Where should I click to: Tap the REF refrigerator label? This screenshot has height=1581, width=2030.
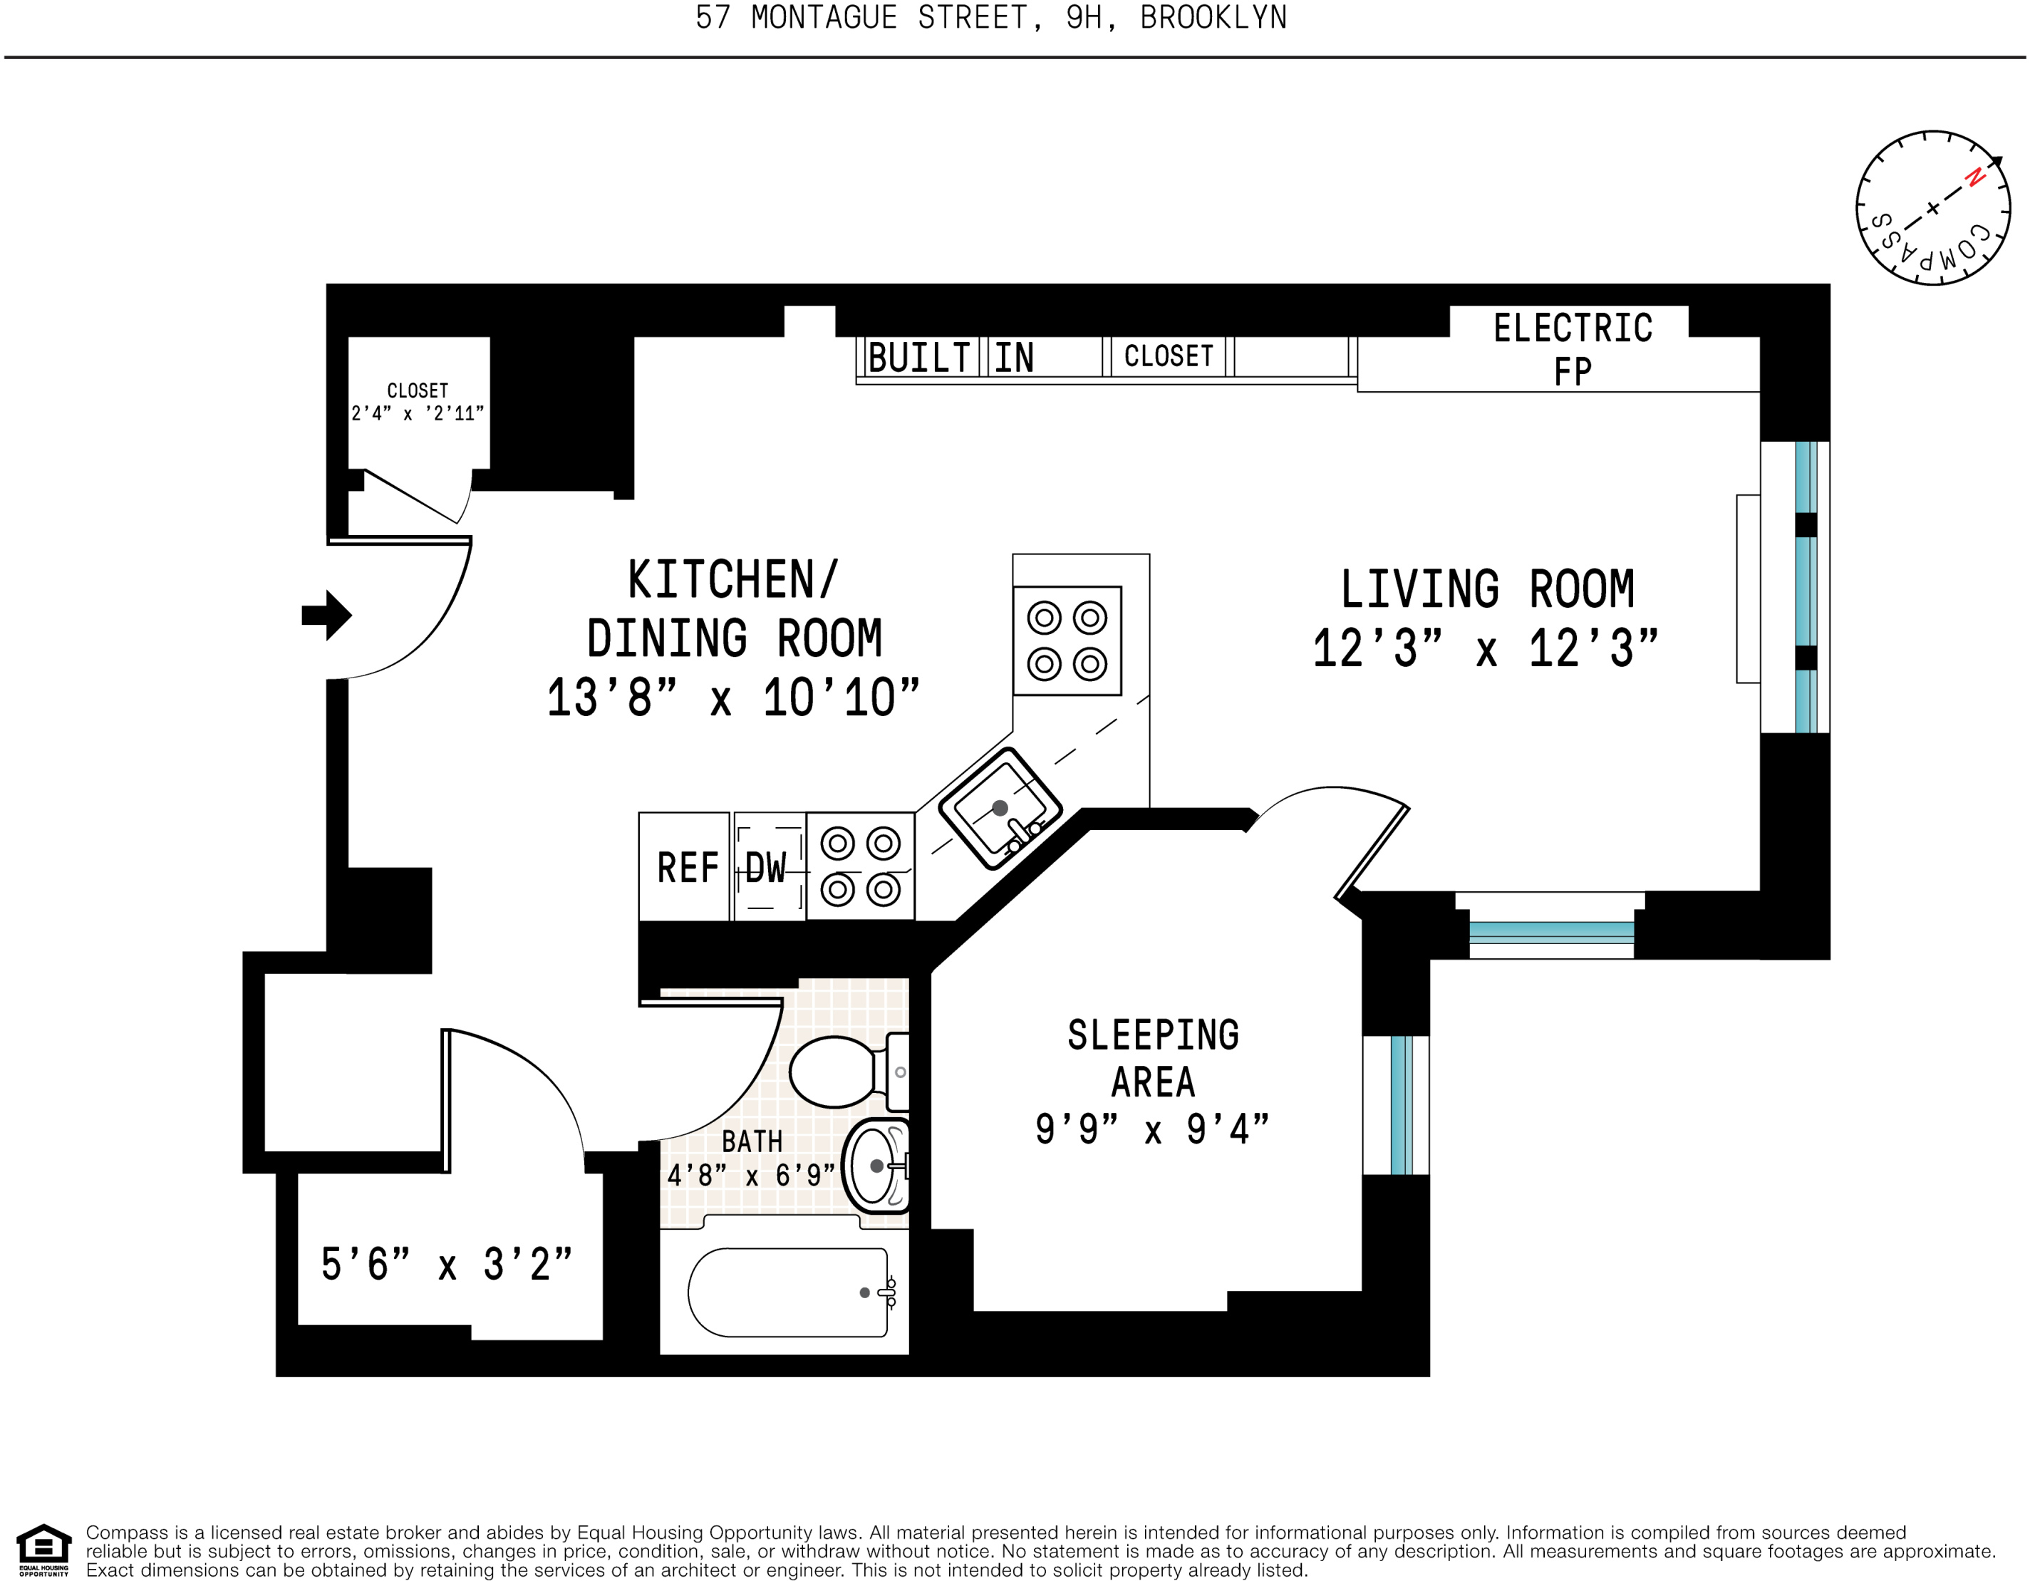point(687,868)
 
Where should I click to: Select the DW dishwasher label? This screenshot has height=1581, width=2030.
point(766,868)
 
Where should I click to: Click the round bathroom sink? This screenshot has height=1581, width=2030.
point(876,1166)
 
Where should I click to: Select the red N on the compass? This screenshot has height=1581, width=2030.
point(1974,177)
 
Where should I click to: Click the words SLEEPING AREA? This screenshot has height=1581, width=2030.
point(1153,1059)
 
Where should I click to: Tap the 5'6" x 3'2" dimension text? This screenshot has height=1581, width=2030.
point(446,1264)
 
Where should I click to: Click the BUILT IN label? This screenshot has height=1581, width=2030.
point(950,358)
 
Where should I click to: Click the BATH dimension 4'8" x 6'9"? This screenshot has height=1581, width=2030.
point(751,1176)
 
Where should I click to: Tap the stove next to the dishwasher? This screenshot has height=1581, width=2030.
point(860,866)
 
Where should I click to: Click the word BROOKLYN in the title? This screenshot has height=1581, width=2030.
point(1213,18)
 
